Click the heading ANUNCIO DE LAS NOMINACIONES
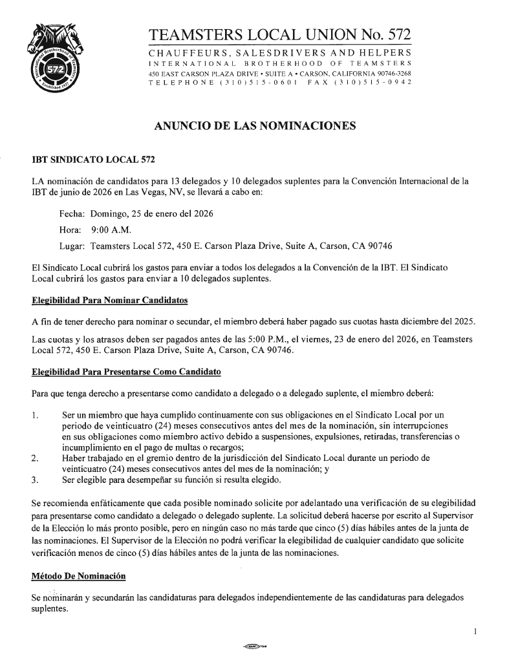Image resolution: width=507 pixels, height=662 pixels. [255, 127]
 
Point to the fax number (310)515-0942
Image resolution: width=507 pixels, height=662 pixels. [372, 84]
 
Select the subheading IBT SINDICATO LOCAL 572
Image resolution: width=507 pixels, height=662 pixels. [94, 159]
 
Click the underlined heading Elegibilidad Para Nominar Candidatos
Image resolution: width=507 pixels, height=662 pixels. [110, 301]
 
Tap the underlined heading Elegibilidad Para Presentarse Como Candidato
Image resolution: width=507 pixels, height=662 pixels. [126, 372]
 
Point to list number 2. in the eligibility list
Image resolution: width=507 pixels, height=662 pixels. [36, 458]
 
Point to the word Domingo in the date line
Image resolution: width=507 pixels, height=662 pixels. [112, 213]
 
